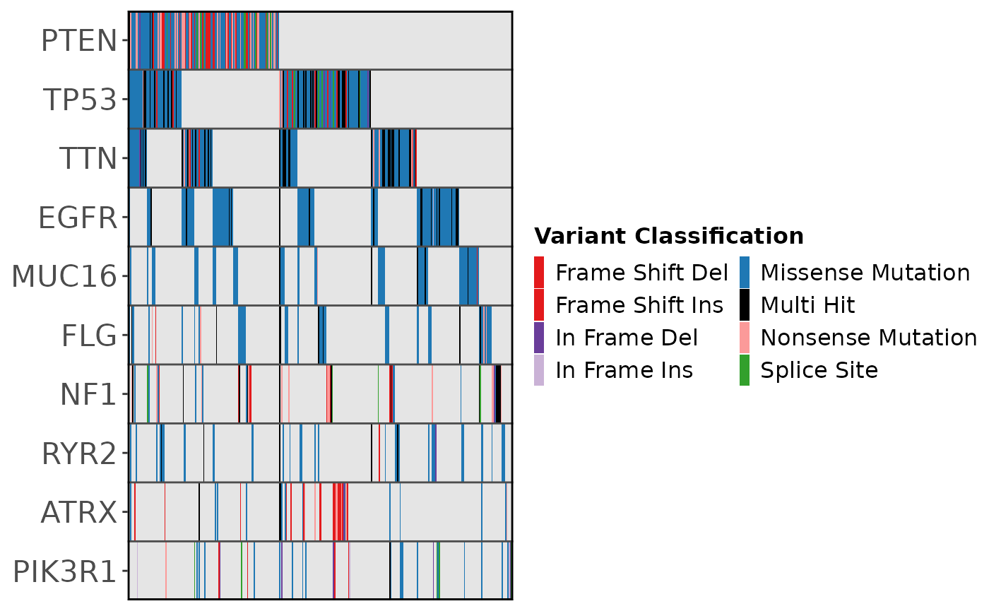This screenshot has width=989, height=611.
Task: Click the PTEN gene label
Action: [x=78, y=41]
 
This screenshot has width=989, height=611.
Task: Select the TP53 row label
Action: [x=78, y=100]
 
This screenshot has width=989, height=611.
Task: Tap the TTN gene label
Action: [x=88, y=158]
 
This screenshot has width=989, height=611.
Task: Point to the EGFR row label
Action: [x=77, y=218]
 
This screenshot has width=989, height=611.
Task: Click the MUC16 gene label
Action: [x=64, y=276]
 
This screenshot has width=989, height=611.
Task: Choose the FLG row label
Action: [x=89, y=335]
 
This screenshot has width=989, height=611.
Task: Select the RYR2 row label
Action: [x=78, y=453]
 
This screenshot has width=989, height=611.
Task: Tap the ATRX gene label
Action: [x=78, y=511]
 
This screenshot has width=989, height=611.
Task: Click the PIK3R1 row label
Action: [x=64, y=571]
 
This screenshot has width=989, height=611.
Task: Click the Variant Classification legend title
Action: [x=668, y=236]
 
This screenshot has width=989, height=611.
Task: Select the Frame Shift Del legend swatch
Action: [x=539, y=272]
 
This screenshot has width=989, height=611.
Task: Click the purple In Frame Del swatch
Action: [x=539, y=338]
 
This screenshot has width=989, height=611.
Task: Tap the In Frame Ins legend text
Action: [x=624, y=370]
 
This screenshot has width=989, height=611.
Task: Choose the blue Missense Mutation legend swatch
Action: [x=745, y=272]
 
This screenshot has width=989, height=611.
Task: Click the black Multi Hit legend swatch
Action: [x=745, y=305]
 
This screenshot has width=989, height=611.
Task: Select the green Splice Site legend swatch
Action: [x=745, y=370]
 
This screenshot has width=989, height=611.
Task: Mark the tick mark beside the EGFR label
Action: [x=125, y=218]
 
